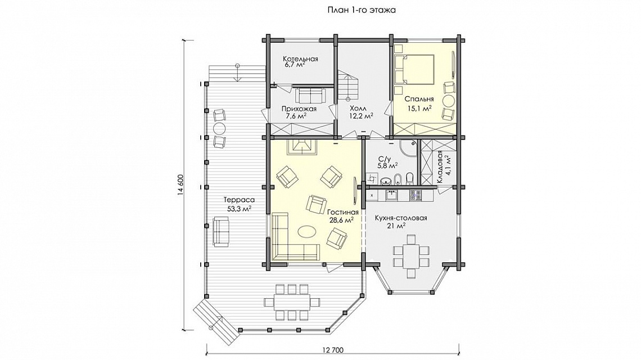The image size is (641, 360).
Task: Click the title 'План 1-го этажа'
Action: click(x=362, y=10)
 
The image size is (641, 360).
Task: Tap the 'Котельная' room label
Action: click(x=300, y=59)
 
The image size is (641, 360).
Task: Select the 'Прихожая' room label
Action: click(x=299, y=109)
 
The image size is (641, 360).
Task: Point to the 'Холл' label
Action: click(x=358, y=109)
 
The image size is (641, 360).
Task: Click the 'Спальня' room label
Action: click(x=419, y=99)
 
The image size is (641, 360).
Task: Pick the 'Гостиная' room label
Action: click(x=342, y=212)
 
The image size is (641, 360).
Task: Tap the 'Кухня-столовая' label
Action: click(x=400, y=218)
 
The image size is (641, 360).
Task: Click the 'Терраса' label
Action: click(x=239, y=200)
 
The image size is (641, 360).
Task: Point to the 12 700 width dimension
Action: click(x=333, y=350)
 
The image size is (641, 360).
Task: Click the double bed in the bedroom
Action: click(x=414, y=69)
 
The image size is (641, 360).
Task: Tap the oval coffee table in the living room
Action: click(x=306, y=232)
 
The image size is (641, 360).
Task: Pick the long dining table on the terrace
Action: click(x=291, y=303)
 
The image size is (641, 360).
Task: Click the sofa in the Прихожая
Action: click(x=310, y=95)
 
